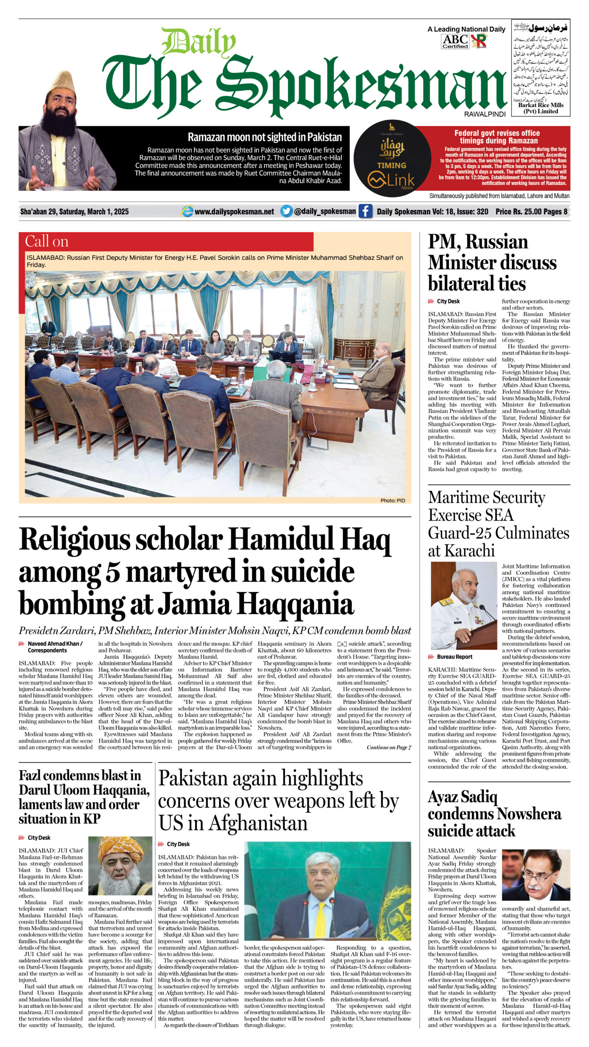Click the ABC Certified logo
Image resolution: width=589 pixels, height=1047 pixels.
point(455,41)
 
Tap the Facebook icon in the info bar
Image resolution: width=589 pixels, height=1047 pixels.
point(365,211)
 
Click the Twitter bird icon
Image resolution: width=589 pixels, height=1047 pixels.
point(286,211)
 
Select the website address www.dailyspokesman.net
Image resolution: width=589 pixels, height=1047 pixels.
point(234,211)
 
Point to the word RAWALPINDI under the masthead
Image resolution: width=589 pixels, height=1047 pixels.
point(485,114)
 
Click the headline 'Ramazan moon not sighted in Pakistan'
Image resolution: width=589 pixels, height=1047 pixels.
point(264,137)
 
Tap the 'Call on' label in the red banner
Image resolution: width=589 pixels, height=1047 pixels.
point(47,241)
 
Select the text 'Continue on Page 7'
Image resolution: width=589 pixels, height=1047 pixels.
point(389,747)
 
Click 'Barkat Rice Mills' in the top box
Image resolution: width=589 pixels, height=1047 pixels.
point(540,105)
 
